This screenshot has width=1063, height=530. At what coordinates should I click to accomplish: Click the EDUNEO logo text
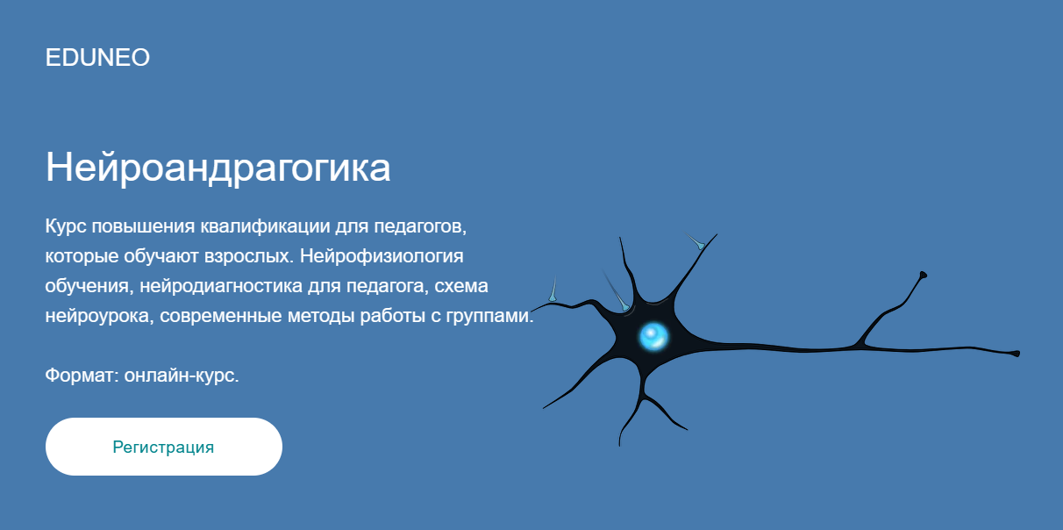(97, 58)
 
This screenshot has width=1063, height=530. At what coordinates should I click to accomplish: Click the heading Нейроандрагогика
(218, 167)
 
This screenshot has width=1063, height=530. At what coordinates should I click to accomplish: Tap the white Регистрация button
(164, 447)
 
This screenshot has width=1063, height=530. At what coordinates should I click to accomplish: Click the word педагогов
(417, 227)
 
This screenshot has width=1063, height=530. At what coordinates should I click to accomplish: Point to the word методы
(322, 317)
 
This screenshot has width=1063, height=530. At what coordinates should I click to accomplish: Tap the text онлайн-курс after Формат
(182, 376)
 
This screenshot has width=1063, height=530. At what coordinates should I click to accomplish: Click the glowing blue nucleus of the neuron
(653, 335)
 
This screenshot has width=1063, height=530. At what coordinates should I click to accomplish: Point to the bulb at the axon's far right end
(1015, 354)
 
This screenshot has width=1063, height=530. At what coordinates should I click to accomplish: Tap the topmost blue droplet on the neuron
(698, 243)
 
